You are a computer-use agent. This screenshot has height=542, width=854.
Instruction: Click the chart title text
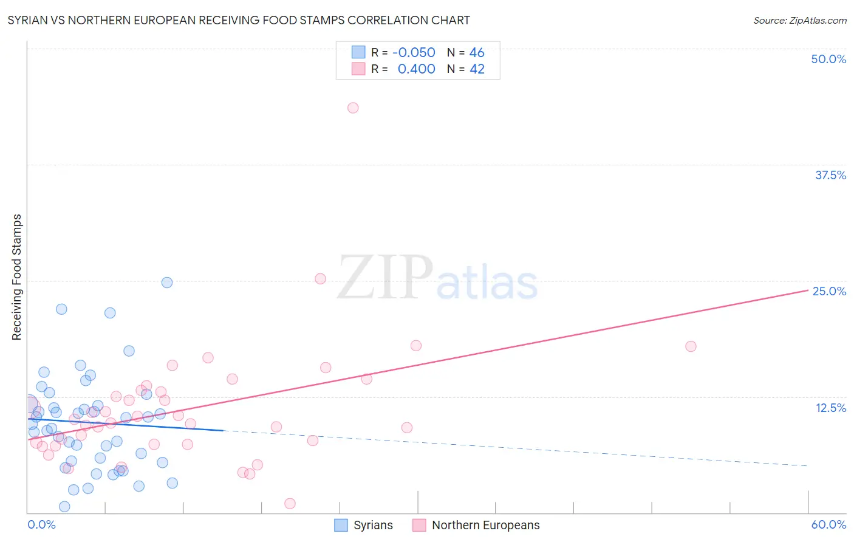click(x=239, y=21)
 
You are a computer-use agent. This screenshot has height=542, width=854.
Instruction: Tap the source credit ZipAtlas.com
click(x=799, y=21)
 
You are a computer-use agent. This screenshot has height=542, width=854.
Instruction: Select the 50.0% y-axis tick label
click(x=828, y=59)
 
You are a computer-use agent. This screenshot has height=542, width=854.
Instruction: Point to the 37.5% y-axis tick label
click(x=830, y=175)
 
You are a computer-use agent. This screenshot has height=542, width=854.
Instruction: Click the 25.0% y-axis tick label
click(x=829, y=291)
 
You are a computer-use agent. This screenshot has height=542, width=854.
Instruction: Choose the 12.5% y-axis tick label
click(x=830, y=408)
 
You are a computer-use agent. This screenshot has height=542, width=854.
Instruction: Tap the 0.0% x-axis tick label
click(x=41, y=524)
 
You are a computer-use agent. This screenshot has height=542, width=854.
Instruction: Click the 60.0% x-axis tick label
click(x=828, y=524)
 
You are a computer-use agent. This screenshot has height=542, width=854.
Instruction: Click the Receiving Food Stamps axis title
click(x=17, y=277)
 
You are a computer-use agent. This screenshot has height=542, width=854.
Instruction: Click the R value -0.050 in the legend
click(x=414, y=53)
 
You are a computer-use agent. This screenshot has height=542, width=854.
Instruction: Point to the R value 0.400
click(x=416, y=69)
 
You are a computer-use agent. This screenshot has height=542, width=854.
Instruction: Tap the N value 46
click(x=477, y=53)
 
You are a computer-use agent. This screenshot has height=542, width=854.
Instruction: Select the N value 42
click(x=477, y=69)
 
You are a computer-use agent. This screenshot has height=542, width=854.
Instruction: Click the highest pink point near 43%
click(x=353, y=108)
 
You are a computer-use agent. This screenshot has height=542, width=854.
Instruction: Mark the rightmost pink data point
click(x=691, y=346)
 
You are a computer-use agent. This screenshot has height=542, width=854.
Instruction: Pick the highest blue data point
click(x=167, y=283)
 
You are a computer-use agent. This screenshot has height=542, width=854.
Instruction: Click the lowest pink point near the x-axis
click(x=290, y=504)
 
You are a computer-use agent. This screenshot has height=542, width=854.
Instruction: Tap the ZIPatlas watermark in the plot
click(x=437, y=278)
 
